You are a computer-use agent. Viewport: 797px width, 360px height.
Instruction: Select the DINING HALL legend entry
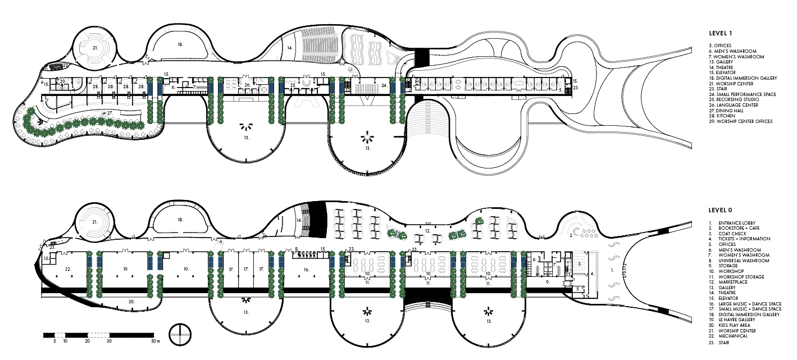[x=736, y=111]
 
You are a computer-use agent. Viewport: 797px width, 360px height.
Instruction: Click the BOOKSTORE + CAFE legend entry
[x=737, y=228]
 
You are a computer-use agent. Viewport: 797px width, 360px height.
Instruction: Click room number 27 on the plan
[x=110, y=113]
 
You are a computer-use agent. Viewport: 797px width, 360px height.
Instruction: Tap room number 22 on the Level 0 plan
[x=68, y=269]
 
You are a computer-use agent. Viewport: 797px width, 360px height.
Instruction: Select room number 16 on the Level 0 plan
[x=306, y=270]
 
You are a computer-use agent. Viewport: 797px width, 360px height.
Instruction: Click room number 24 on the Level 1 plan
[x=384, y=85]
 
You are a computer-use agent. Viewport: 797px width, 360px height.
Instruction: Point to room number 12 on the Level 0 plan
[x=427, y=230]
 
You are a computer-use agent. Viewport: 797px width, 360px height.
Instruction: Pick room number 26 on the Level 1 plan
[x=247, y=85]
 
